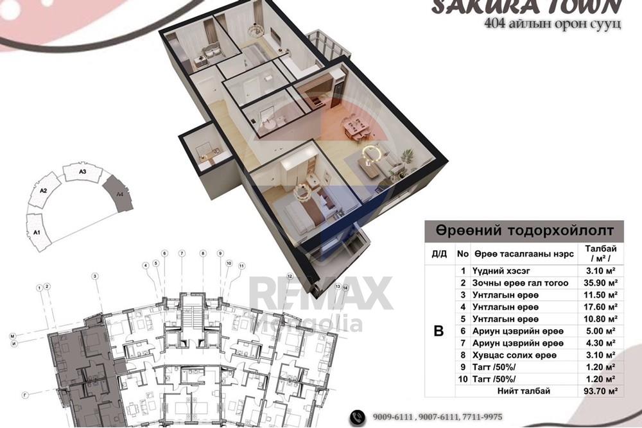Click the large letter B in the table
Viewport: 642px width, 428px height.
(439, 331)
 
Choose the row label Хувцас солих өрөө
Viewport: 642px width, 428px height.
(514, 355)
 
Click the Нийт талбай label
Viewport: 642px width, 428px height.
(524, 390)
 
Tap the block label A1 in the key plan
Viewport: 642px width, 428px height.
(37, 232)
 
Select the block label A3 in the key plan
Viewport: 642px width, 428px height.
(83, 172)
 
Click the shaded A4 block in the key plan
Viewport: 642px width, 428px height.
(119, 194)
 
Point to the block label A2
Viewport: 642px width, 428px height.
(44, 191)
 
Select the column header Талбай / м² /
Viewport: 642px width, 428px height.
(598, 253)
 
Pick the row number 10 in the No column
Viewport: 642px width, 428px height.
(462, 379)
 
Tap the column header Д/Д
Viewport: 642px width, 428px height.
(439, 253)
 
